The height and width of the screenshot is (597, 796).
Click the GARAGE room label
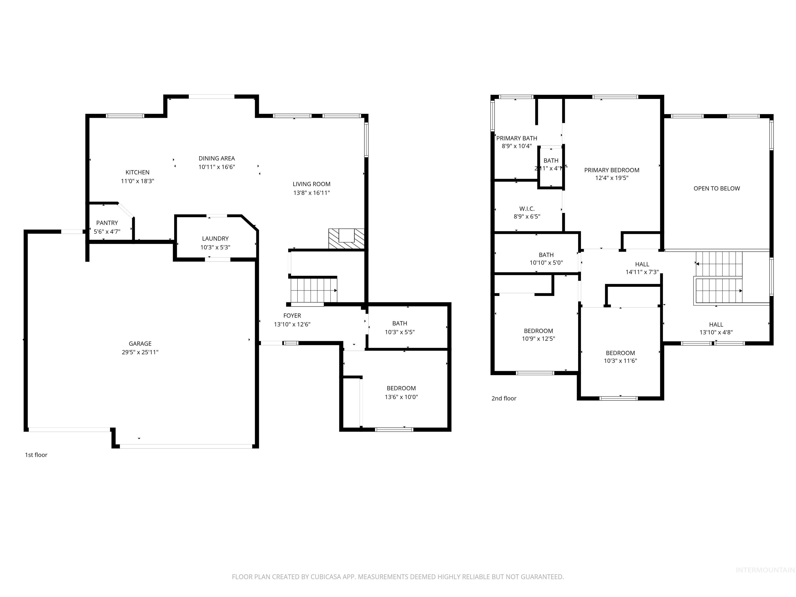point(140,344)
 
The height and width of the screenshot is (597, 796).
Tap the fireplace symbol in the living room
point(346,238)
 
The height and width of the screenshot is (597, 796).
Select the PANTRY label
point(107,223)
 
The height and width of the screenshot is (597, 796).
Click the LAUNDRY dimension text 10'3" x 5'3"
point(215,247)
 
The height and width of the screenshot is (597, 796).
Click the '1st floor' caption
point(36,455)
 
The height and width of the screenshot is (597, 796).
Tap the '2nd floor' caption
point(504,398)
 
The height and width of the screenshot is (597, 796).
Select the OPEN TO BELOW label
point(716,189)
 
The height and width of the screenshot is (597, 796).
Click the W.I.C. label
point(527,209)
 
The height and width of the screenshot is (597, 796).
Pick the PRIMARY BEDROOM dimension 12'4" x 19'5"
point(612,178)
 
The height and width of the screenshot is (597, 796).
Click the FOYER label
point(292,316)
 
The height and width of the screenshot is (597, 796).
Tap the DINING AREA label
point(217,158)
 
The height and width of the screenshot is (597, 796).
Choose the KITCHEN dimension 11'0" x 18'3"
point(138,181)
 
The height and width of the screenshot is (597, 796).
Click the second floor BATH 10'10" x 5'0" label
point(546,255)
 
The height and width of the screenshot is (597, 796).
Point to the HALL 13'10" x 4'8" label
point(716,325)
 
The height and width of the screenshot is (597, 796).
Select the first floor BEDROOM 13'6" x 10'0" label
point(401,388)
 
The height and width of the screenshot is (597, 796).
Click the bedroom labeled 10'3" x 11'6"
point(620,353)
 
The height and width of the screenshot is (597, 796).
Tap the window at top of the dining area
point(212,96)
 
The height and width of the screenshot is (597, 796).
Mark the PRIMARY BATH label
point(516,138)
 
